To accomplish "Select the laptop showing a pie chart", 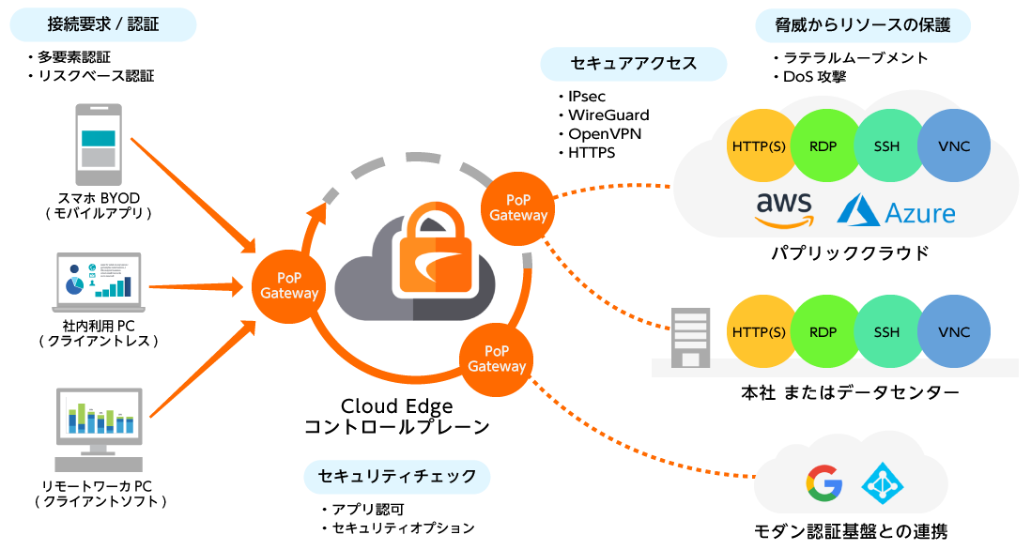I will pyautogui.click(x=99, y=281).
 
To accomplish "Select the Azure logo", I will pyautogui.click(x=896, y=210).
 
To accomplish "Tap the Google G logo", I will pyautogui.click(x=823, y=482).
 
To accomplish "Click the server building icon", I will pyautogui.click(x=690, y=338).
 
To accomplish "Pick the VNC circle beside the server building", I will pyautogui.click(x=954, y=332).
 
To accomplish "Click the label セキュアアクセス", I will pyautogui.click(x=634, y=64).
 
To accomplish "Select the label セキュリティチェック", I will pyautogui.click(x=397, y=477).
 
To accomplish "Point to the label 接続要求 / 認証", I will pyautogui.click(x=103, y=25).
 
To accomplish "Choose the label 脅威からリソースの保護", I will pyautogui.click(x=863, y=25).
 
